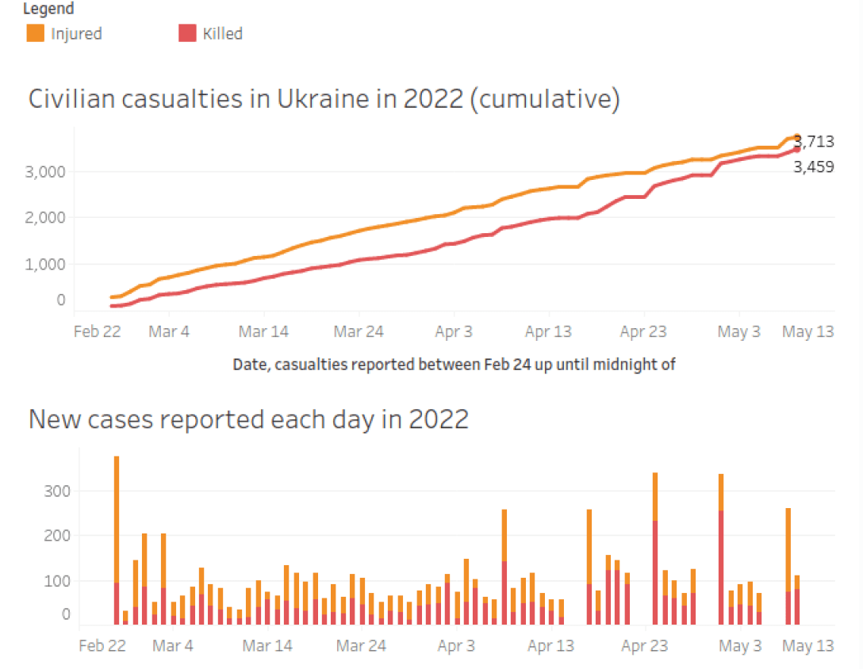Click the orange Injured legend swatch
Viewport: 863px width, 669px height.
click(x=35, y=33)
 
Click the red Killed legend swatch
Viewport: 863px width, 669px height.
click(x=187, y=33)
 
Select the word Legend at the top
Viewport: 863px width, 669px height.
click(x=48, y=9)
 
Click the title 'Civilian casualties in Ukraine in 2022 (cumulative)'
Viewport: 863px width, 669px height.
click(x=324, y=99)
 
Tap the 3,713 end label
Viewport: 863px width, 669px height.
click(x=815, y=143)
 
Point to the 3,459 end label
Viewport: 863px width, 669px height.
click(x=814, y=167)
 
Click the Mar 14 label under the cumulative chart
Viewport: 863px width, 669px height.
click(x=263, y=331)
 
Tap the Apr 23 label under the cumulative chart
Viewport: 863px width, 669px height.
click(x=643, y=331)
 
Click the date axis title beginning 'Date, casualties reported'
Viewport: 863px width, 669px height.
click(x=454, y=365)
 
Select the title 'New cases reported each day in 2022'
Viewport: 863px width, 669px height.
click(x=248, y=419)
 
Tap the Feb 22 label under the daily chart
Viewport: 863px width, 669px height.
click(x=102, y=646)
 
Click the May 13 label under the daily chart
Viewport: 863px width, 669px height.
click(x=808, y=646)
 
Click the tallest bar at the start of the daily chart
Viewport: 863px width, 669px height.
click(x=117, y=539)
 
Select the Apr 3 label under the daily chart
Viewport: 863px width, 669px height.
click(x=455, y=646)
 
